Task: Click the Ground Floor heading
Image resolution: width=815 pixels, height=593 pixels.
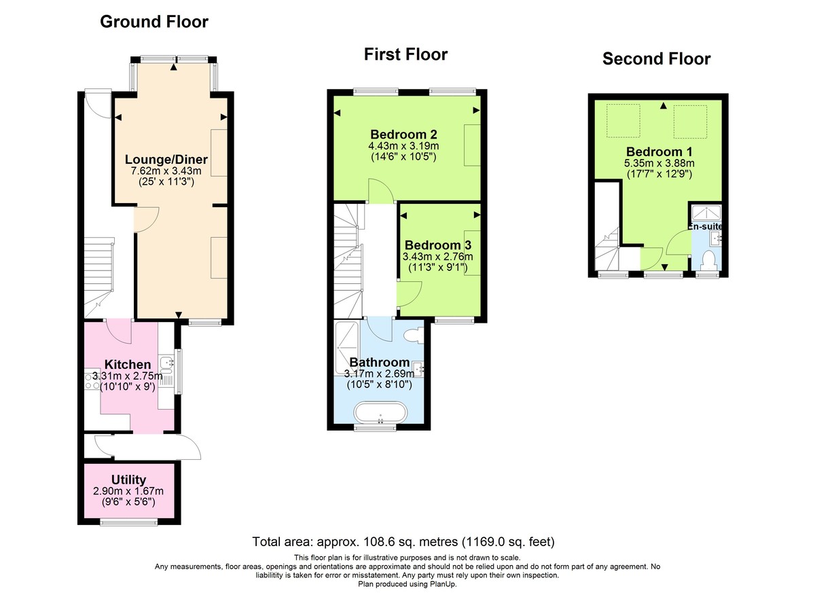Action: pyautogui.click(x=154, y=22)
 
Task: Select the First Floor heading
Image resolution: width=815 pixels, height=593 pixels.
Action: pyautogui.click(x=405, y=54)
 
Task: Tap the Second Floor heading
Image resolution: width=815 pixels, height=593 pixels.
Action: pyautogui.click(x=656, y=59)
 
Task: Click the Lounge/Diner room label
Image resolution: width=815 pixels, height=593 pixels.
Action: pyautogui.click(x=166, y=160)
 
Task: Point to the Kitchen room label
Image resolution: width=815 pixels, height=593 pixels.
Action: pyautogui.click(x=128, y=365)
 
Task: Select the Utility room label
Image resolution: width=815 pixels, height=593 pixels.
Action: pyautogui.click(x=128, y=480)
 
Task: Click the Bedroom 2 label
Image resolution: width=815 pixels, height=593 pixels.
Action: pyautogui.click(x=403, y=133)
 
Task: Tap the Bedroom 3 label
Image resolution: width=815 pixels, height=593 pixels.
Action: pyautogui.click(x=437, y=245)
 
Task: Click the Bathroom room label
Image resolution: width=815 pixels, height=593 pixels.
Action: pyautogui.click(x=379, y=362)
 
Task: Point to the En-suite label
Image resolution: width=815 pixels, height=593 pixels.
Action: pyautogui.click(x=707, y=226)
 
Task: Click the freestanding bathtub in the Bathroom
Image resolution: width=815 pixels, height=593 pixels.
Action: pyautogui.click(x=380, y=413)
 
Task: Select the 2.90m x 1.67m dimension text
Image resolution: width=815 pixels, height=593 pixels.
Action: pyautogui.click(x=128, y=491)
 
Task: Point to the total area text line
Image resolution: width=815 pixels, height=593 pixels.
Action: pyautogui.click(x=403, y=542)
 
